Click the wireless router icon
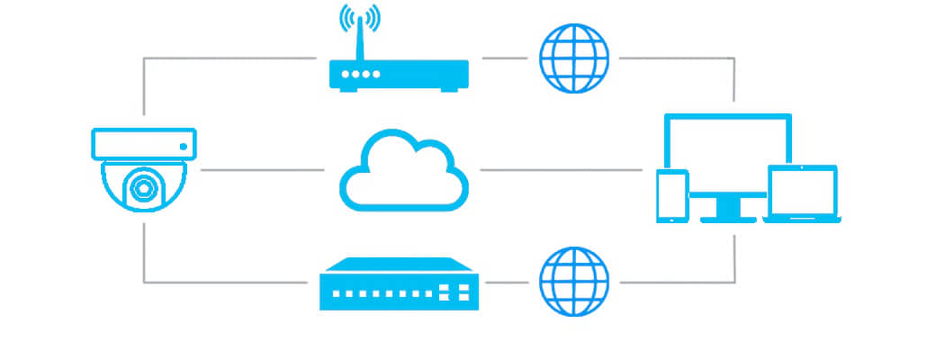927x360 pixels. coord(400,75)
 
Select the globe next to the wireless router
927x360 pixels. coord(573,58)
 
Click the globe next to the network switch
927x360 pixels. coord(573,282)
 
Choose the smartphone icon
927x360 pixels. coord(671,195)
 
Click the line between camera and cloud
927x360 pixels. coord(261,169)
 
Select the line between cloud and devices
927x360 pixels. coord(558,169)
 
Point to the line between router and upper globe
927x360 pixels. coord(504,58)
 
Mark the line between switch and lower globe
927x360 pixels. coord(505,282)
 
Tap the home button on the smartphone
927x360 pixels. coord(671,216)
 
